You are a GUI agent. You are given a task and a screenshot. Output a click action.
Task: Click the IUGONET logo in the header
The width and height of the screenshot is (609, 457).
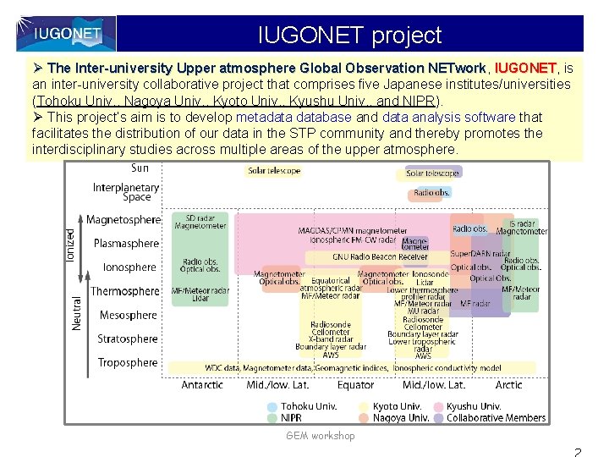tap(67, 34)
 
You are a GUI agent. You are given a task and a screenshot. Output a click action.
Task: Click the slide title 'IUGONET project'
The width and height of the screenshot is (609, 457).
tap(349, 36)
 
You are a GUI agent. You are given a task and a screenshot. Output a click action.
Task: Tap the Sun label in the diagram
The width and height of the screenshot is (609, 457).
tap(140, 168)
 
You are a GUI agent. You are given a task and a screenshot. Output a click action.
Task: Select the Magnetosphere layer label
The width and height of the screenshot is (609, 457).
tap(123, 220)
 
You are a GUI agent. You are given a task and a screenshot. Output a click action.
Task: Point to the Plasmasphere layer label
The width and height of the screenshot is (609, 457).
tap(126, 244)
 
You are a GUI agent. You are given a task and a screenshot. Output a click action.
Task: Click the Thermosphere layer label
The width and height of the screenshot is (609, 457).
tap(124, 291)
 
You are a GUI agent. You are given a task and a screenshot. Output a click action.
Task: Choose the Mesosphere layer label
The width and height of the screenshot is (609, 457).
tap(128, 316)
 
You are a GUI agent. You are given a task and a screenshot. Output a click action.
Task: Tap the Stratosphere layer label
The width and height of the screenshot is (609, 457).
tap(127, 339)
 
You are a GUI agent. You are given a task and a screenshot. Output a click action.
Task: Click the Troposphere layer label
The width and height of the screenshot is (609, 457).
tap(127, 363)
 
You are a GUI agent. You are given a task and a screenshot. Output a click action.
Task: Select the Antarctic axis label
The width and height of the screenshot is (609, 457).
tap(202, 385)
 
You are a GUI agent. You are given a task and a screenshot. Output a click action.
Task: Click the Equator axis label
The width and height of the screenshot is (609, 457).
tap(355, 385)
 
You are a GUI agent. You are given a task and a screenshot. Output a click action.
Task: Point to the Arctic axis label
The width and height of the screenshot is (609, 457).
tap(509, 385)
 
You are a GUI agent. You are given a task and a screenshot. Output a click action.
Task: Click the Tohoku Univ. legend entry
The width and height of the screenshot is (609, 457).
tap(308, 406)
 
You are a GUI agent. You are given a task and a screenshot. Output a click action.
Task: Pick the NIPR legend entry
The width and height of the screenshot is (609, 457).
tap(291, 418)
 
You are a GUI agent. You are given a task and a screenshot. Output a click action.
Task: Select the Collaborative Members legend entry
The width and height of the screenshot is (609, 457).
tap(496, 418)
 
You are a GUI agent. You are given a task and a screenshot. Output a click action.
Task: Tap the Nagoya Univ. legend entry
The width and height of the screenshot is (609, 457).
tap(401, 418)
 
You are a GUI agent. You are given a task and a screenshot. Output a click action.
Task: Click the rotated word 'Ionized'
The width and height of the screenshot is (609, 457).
tap(71, 245)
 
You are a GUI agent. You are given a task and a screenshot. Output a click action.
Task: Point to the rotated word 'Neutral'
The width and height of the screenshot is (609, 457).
tap(76, 312)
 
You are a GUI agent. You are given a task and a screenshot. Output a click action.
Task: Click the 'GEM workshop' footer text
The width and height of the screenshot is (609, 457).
tap(321, 436)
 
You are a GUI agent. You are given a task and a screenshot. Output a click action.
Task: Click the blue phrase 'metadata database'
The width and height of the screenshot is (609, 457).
tap(294, 117)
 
